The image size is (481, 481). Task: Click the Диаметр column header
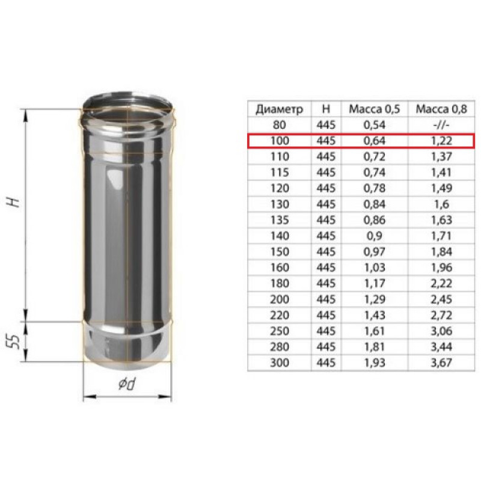coord(279,109)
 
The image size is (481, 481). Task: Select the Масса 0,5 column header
coord(374,109)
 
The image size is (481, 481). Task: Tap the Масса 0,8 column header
coord(441,109)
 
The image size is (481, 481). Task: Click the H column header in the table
coord(326,109)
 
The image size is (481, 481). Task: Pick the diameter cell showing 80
coord(279,125)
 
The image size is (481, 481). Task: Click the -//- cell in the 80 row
coord(441,125)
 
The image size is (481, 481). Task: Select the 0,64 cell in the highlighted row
coord(374,141)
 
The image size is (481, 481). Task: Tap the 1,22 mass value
coord(441,141)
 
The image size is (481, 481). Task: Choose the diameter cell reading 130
coord(280,204)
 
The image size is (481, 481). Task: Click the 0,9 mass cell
coord(374,236)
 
